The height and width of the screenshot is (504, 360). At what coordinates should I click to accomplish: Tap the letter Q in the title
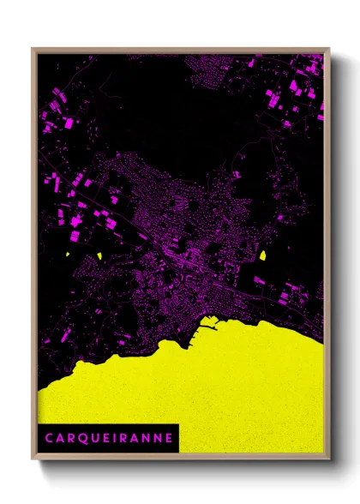point(81,437)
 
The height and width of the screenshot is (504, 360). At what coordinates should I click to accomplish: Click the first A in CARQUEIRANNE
point(59,437)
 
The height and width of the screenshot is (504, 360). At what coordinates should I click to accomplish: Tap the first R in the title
point(69,437)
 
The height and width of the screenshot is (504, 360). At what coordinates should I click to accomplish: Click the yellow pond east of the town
point(262,255)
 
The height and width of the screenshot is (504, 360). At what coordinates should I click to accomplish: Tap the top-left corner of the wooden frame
point(33,49)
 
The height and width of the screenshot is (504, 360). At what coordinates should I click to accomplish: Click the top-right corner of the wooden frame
point(329,49)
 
